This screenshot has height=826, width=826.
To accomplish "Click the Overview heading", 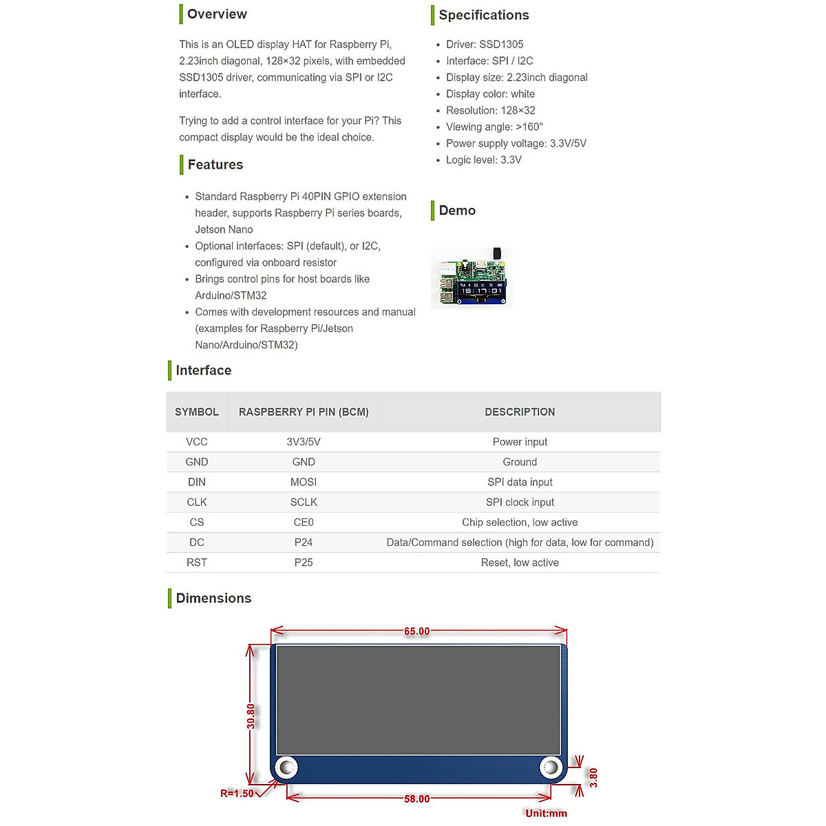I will [x=217, y=14].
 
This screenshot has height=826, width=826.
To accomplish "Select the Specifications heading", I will [x=484, y=15].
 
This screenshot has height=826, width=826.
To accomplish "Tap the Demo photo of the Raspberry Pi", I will [x=472, y=278].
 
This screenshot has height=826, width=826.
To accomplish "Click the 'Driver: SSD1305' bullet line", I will [x=485, y=44].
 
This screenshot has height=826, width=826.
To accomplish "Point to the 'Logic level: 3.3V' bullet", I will [x=483, y=160].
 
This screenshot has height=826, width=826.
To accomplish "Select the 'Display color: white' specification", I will [x=490, y=94].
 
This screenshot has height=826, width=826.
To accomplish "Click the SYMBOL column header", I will [x=197, y=412].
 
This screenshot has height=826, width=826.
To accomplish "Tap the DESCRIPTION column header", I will [x=520, y=412].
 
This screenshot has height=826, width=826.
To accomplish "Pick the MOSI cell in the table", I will [x=304, y=482].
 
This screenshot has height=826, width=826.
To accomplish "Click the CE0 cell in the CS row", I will [x=304, y=522].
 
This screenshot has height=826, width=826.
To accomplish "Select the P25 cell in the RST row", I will [x=304, y=562].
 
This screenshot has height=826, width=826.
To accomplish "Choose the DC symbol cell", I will [x=197, y=542].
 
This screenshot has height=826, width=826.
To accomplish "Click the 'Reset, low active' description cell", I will [x=520, y=562].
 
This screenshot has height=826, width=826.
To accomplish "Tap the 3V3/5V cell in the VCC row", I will [x=304, y=442].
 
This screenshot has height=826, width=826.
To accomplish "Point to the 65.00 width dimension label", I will [x=417, y=631].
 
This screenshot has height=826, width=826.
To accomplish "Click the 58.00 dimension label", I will [x=417, y=798].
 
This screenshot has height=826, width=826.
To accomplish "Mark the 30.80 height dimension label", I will [x=251, y=716].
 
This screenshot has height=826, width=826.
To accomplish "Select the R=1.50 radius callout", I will [x=237, y=794].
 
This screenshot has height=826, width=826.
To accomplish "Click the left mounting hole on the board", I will [x=286, y=767].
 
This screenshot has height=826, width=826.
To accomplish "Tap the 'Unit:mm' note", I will [x=546, y=813].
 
